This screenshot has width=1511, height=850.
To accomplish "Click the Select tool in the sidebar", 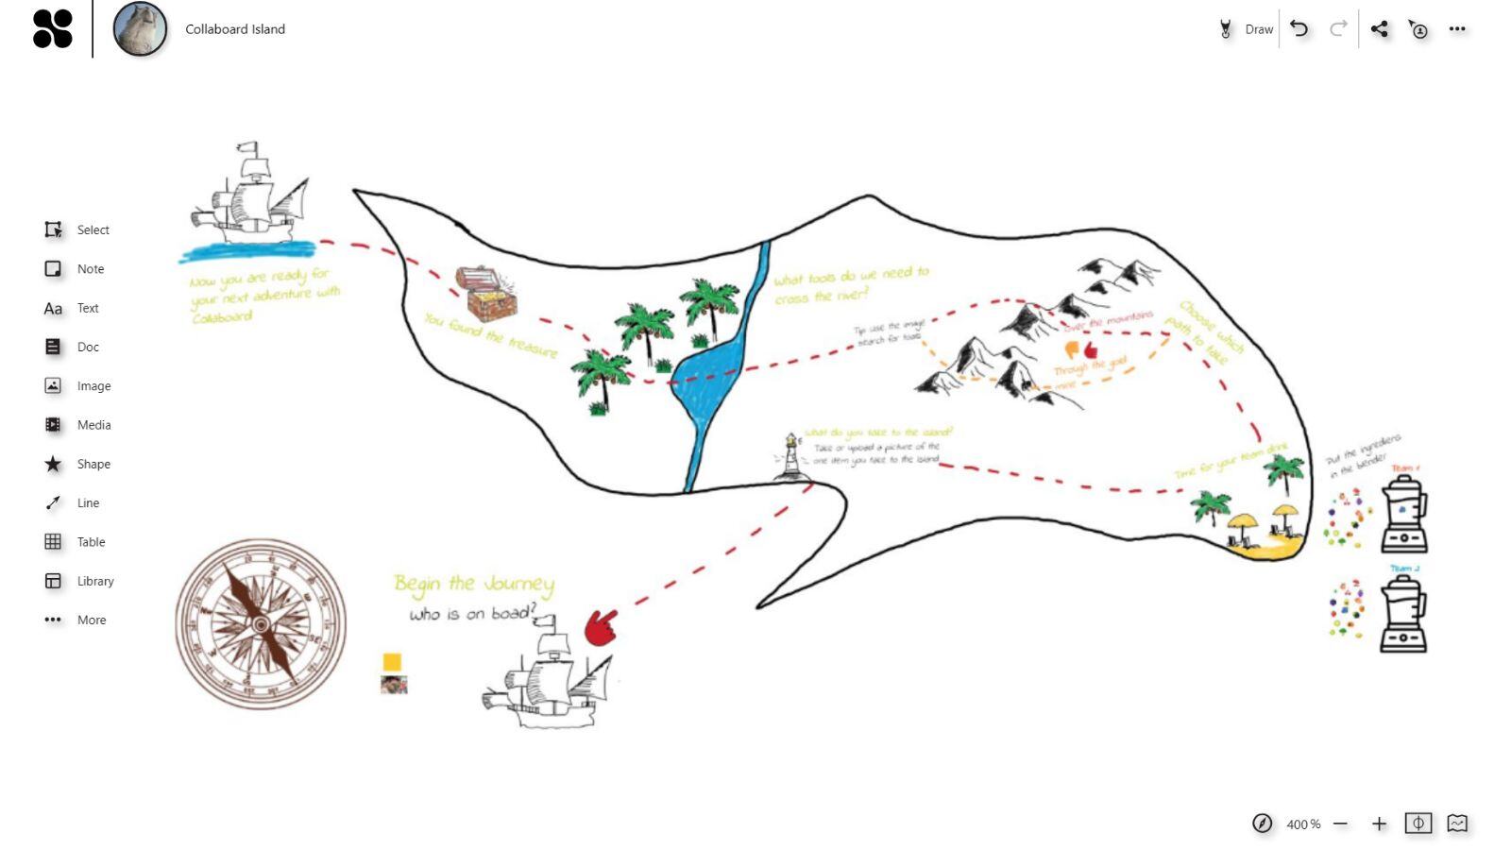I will pyautogui.click(x=54, y=229).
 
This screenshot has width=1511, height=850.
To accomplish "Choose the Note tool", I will pyautogui.click(x=54, y=269).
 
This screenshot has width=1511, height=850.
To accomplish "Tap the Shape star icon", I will pyautogui.click(x=53, y=464).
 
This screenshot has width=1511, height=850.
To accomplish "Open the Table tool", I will pyautogui.click(x=53, y=542).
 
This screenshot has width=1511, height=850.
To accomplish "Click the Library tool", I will pyautogui.click(x=53, y=581).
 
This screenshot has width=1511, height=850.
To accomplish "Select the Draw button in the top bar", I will pyautogui.click(x=1247, y=29).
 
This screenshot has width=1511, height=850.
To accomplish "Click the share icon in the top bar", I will pyautogui.click(x=1379, y=29).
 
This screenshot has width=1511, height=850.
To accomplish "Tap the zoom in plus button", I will pyautogui.click(x=1379, y=824).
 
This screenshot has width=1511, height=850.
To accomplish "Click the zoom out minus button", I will pyautogui.click(x=1340, y=824).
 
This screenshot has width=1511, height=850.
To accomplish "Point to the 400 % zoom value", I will pyautogui.click(x=1303, y=824).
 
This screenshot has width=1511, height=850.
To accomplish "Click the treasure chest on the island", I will pyautogui.click(x=485, y=294).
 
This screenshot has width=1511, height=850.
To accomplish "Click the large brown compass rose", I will pyautogui.click(x=261, y=624).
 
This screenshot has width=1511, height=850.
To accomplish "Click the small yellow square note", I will pyautogui.click(x=392, y=662).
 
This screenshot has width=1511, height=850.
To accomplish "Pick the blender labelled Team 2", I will pyautogui.click(x=1403, y=616).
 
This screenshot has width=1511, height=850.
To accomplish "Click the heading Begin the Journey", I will pyautogui.click(x=473, y=584).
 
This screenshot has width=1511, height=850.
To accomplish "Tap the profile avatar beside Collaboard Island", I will pyautogui.click(x=140, y=29).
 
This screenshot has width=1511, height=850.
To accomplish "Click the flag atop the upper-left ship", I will pyautogui.click(x=248, y=149).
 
